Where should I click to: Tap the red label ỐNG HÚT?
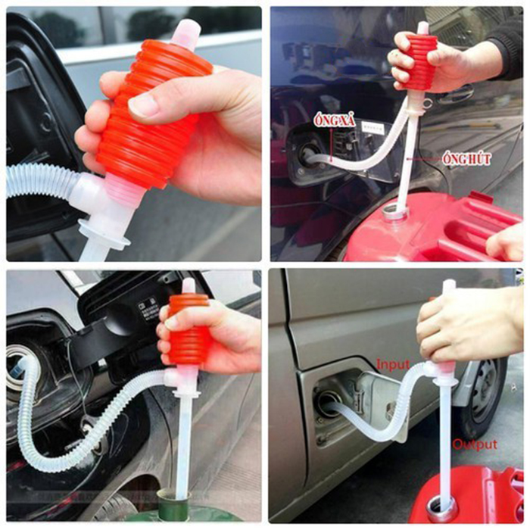pyautogui.click(x=465, y=160)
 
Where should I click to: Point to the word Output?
pyautogui.click(x=475, y=444)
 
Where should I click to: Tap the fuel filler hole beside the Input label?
pyautogui.click(x=327, y=403)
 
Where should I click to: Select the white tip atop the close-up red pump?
pyautogui.click(x=186, y=33)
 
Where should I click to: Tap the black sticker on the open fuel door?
pyautogui.click(x=148, y=305)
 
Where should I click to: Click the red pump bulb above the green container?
pyautogui.click(x=188, y=329)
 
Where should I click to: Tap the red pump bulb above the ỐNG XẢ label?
pyautogui.click(x=421, y=61)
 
